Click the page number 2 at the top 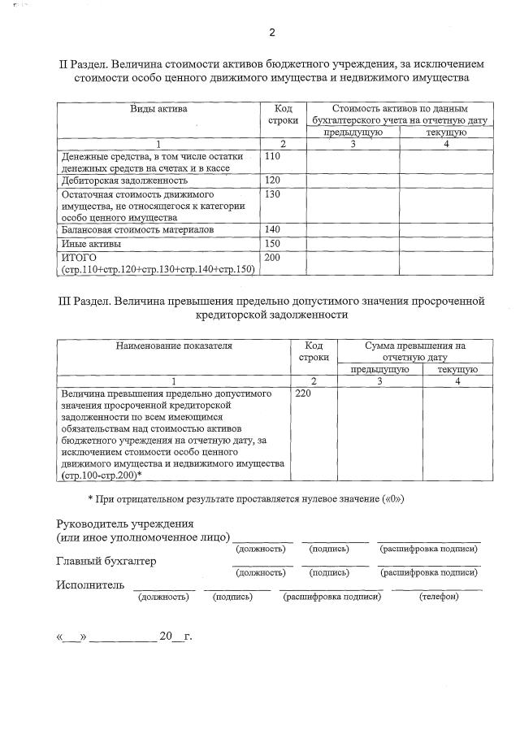click(273, 33)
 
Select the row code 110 click(273, 155)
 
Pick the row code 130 click(273, 195)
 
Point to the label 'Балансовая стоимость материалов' click(137, 230)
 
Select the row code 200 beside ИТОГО click(273, 258)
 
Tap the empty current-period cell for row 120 click(445, 180)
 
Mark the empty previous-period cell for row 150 click(353, 244)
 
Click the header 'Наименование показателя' click(174, 345)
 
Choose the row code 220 click(303, 393)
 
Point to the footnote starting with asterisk click(245, 498)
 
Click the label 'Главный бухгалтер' click(106, 562)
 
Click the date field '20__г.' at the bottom click(175, 636)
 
